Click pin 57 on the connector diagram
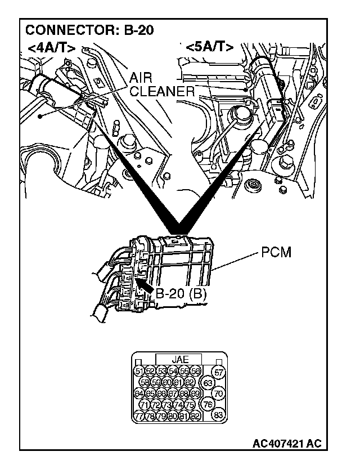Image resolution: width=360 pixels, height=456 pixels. (219, 372)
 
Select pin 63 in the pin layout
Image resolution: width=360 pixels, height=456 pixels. (208, 383)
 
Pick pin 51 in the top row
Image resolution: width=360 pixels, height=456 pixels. (138, 370)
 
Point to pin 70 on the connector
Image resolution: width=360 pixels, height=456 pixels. (219, 394)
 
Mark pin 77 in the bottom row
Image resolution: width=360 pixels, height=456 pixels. (138, 416)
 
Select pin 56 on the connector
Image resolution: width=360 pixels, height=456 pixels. (195, 370)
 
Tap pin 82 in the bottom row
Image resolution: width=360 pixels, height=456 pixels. (195, 416)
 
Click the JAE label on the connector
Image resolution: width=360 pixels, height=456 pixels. (180, 359)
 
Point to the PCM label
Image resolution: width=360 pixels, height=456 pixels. (276, 253)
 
